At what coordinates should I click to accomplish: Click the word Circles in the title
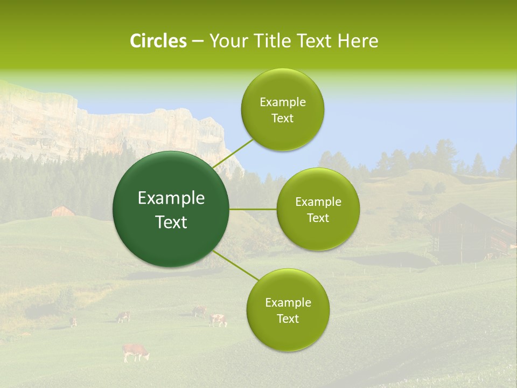[158, 41]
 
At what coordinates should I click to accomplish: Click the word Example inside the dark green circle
[171, 198]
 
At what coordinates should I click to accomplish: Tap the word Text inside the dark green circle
[171, 222]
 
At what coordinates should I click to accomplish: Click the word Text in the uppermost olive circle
[282, 119]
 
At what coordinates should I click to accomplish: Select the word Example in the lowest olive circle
[288, 303]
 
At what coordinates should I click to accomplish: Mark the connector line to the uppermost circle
[234, 154]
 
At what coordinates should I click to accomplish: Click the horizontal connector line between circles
[253, 209]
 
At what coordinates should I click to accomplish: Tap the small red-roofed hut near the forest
[62, 211]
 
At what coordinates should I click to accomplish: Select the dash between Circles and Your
[198, 41]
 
